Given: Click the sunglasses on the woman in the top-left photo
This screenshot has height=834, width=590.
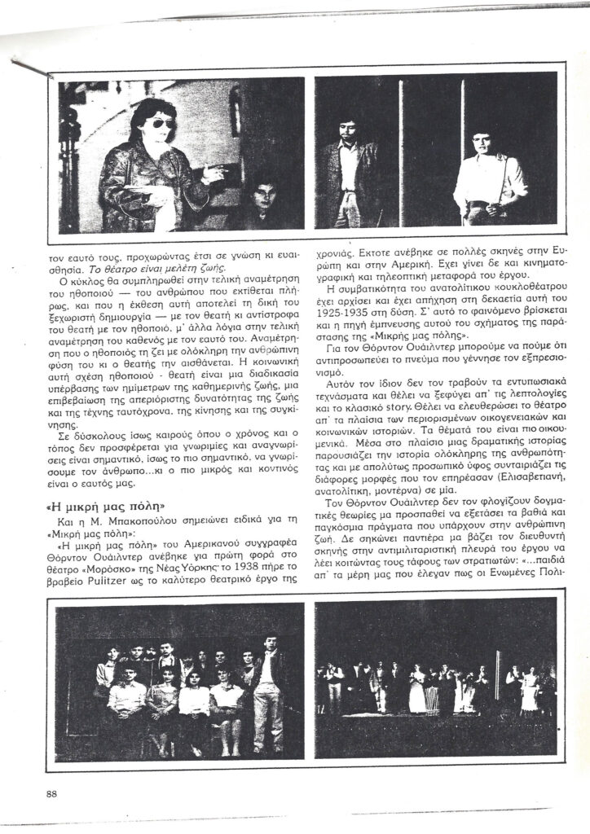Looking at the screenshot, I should [161, 123].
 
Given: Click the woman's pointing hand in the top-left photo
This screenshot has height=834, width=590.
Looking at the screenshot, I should [214, 171].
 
